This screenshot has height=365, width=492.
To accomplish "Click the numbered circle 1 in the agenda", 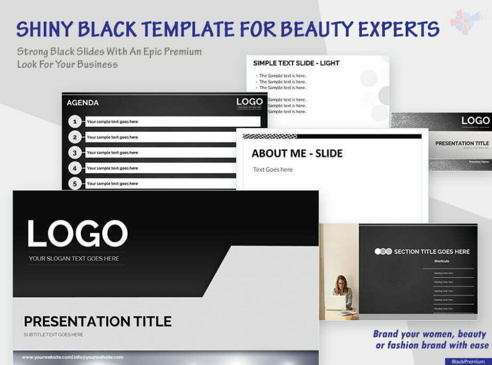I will [x=75, y=121].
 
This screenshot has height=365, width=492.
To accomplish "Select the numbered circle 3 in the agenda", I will [x=75, y=153].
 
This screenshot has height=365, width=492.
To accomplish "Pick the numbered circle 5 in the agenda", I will [x=75, y=183].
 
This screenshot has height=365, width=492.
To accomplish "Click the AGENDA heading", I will [x=83, y=102].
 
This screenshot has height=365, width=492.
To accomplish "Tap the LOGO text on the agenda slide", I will [x=249, y=102].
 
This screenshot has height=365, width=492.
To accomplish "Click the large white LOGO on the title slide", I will [x=78, y=234].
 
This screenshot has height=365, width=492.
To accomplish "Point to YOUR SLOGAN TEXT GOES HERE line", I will [x=74, y=258].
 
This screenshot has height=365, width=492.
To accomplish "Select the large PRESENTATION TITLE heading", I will [x=97, y=321].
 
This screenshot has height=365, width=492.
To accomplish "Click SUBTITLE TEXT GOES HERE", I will [x=54, y=334].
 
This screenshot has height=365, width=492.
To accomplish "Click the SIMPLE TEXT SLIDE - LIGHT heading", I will [x=296, y=63].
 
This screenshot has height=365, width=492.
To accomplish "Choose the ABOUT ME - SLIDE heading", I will [x=297, y=153].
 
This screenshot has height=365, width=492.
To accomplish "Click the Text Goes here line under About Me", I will [x=273, y=170].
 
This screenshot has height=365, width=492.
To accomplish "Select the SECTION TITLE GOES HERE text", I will [x=431, y=252].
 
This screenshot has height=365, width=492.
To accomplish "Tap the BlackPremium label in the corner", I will [x=468, y=361].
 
